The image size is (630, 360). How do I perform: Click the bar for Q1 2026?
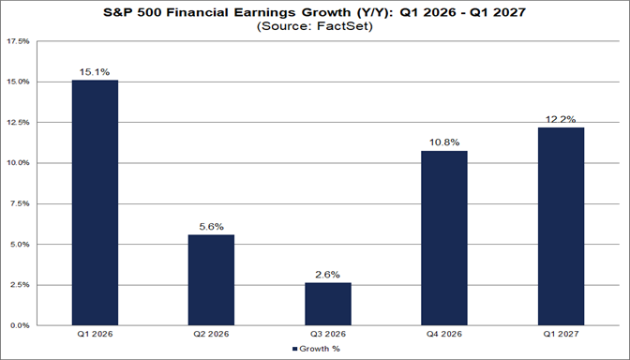[x=96, y=202]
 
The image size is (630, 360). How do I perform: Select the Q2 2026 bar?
[x=212, y=279]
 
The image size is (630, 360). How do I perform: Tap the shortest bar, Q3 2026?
[x=328, y=304]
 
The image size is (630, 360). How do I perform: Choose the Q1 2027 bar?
[x=561, y=226]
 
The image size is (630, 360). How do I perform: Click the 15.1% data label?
[x=96, y=71]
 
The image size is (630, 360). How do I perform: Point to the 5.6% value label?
[x=212, y=226]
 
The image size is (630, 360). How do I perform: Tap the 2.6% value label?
[x=328, y=275]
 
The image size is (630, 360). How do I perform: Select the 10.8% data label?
[x=444, y=142]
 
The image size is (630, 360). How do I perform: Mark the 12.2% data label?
[x=561, y=119]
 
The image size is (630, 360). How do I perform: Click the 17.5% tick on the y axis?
[x=18, y=42]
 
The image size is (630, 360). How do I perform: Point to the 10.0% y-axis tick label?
[x=18, y=163]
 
